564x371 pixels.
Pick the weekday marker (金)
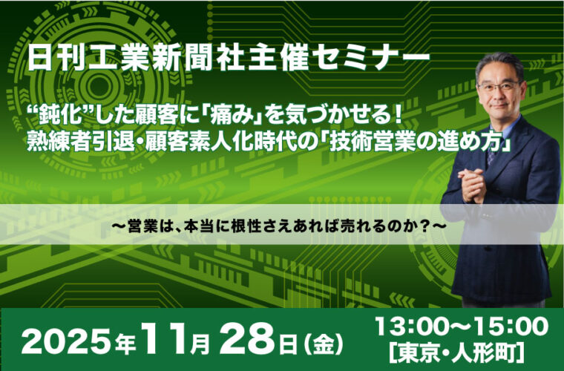pos(323,344)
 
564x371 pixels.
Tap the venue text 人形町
pos(483,352)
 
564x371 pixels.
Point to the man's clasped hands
pos(472,185)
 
